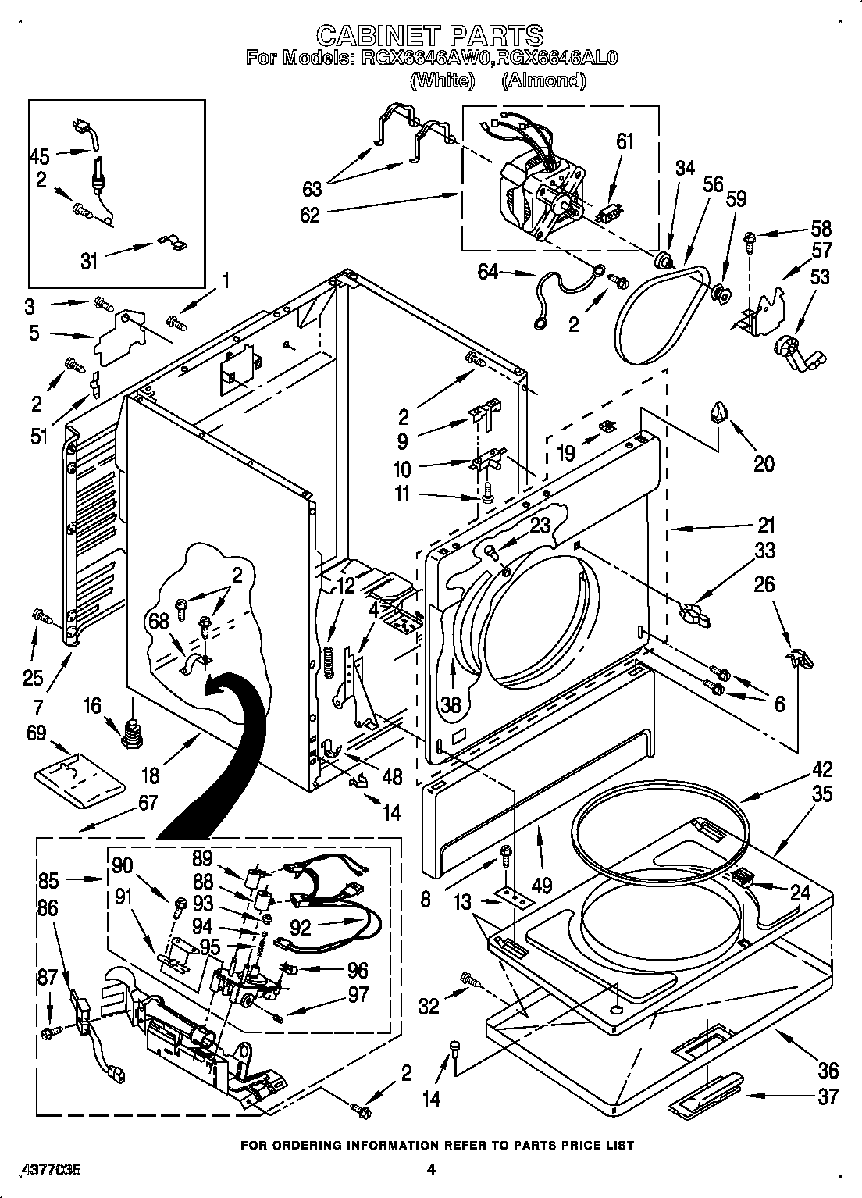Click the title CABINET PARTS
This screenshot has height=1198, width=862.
430,34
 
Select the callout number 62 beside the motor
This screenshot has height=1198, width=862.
310,215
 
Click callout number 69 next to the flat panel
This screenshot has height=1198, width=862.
37,733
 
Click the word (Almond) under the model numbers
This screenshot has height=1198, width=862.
543,80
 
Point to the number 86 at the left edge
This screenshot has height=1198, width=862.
48,907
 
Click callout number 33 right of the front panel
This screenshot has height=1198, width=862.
764,551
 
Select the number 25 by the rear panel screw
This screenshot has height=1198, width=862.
32,677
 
